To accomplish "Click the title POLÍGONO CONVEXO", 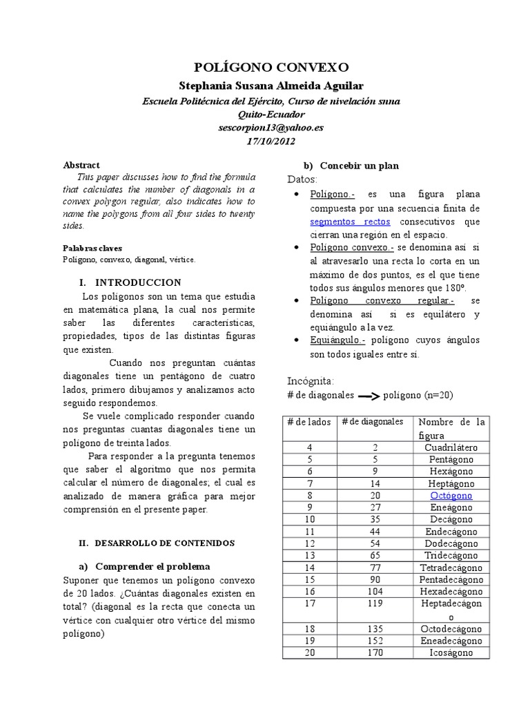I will (271, 67).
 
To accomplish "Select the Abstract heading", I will (81, 166).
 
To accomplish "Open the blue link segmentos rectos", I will (350, 222).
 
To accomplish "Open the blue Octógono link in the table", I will (451, 496).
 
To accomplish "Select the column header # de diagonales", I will (373, 422).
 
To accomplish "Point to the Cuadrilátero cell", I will (451, 447).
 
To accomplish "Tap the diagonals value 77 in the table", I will (373, 568).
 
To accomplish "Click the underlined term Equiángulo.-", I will (337, 340).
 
